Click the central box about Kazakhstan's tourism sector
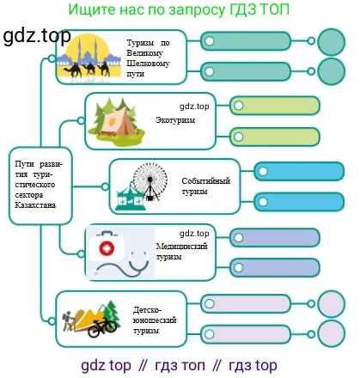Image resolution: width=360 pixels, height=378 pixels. [x=40, y=186]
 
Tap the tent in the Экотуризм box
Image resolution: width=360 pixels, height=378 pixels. [x=120, y=124]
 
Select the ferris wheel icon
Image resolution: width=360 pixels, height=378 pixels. [x=150, y=181]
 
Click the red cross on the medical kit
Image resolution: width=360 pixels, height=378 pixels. [x=107, y=248]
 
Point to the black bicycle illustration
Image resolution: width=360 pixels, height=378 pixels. [x=102, y=327]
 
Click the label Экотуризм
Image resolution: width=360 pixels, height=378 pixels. [x=175, y=120]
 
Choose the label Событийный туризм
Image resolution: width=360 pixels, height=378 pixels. [x=206, y=186]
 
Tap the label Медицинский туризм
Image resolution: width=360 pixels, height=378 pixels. [x=181, y=252]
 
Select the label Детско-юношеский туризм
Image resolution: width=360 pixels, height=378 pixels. [x=155, y=320]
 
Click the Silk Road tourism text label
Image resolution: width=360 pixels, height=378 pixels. [x=149, y=58]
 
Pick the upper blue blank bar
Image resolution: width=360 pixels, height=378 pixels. [x=299, y=172]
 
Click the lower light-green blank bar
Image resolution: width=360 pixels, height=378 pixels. [x=275, y=137]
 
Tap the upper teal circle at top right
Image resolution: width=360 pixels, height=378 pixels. [x=332, y=41]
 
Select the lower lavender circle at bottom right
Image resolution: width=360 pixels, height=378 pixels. [x=332, y=334]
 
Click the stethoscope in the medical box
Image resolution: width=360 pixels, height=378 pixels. [x=123, y=264]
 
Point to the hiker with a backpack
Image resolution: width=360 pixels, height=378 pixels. [x=68, y=320]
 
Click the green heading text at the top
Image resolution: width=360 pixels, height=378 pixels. [x=179, y=9]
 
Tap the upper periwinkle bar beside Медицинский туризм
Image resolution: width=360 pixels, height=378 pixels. [x=275, y=238]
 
